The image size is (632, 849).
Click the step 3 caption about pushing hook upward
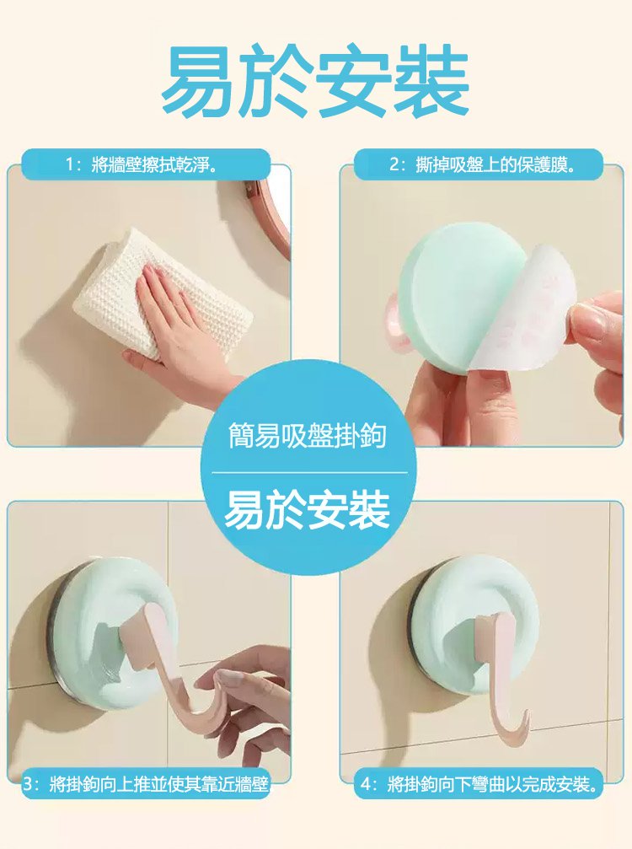pyautogui.click(x=147, y=784)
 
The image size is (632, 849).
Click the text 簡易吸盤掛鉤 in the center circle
pyautogui.click(x=307, y=435)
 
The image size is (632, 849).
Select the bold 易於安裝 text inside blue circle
pyautogui.click(x=307, y=511)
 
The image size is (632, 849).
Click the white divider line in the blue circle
pyautogui.click(x=307, y=472)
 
